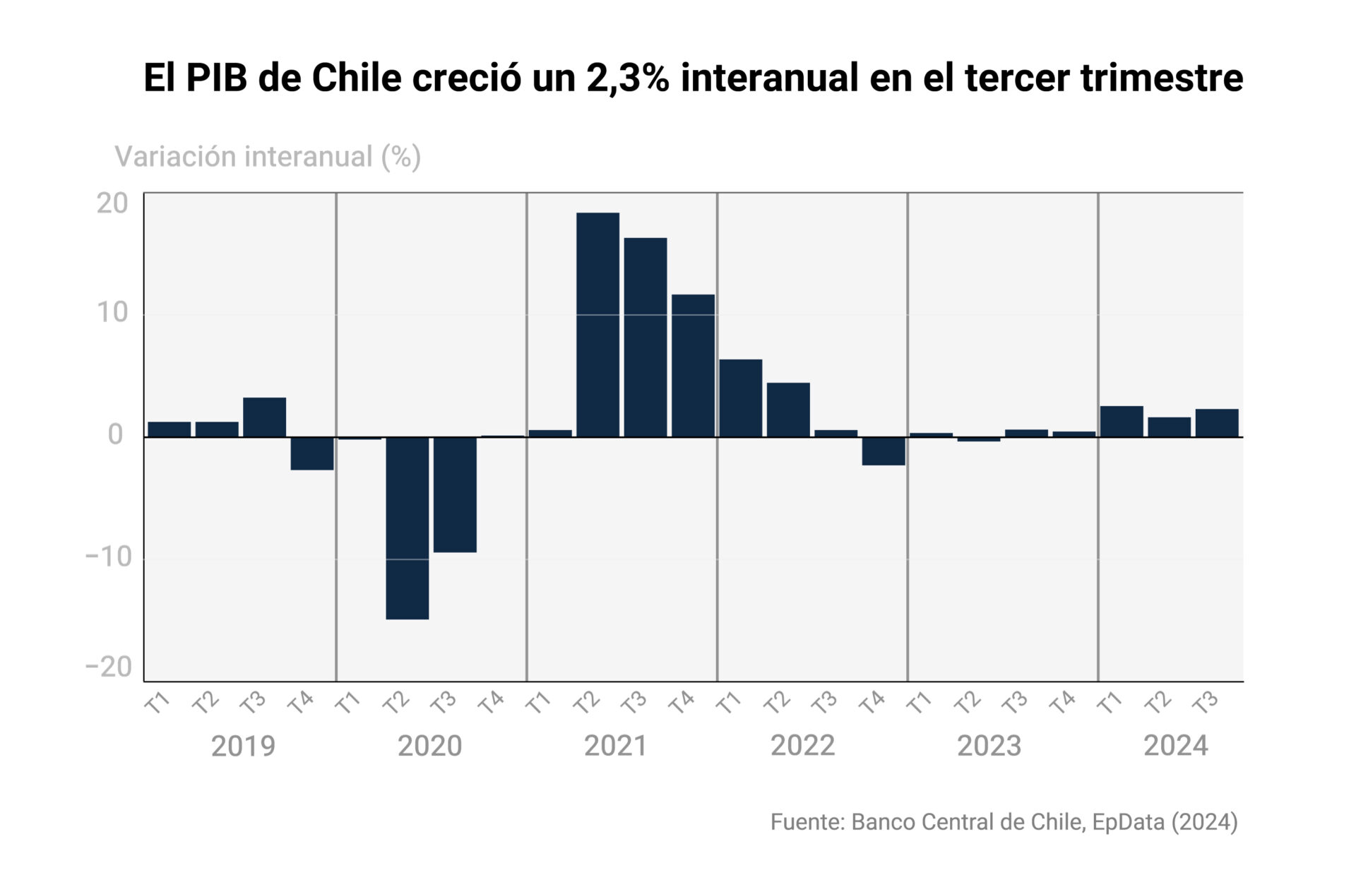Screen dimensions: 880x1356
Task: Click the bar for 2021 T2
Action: pyautogui.click(x=597, y=325)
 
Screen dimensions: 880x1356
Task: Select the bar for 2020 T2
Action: pyautogui.click(x=408, y=528)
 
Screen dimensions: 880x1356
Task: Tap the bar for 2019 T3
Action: pyautogui.click(x=265, y=417)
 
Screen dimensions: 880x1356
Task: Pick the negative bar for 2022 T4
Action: pyautogui.click(x=884, y=451)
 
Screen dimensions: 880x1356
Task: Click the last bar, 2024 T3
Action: pyautogui.click(x=1216, y=423)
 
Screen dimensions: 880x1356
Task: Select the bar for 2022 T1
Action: pyautogui.click(x=741, y=398)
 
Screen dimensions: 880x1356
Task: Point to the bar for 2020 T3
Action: pyautogui.click(x=455, y=494)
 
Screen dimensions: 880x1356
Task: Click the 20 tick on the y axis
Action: pyautogui.click(x=113, y=203)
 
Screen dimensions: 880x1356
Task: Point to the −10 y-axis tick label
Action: pyautogui.click(x=109, y=557)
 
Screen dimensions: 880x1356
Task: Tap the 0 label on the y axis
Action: pyautogui.click(x=116, y=434)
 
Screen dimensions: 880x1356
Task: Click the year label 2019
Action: pyautogui.click(x=243, y=746)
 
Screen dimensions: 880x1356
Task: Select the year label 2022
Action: pyautogui.click(x=802, y=746)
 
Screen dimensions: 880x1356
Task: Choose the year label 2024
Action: pyautogui.click(x=1175, y=746)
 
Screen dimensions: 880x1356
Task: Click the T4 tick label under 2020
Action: pyautogui.click(x=491, y=702)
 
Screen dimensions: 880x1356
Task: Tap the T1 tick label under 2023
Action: pyautogui.click(x=919, y=702)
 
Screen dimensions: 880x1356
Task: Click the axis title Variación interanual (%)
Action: pyautogui.click(x=268, y=157)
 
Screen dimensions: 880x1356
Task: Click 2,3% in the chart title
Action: pyautogui.click(x=628, y=78)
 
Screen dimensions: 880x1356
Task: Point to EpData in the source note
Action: pyautogui.click(x=1128, y=822)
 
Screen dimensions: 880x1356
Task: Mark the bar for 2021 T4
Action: pyautogui.click(x=693, y=366)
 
